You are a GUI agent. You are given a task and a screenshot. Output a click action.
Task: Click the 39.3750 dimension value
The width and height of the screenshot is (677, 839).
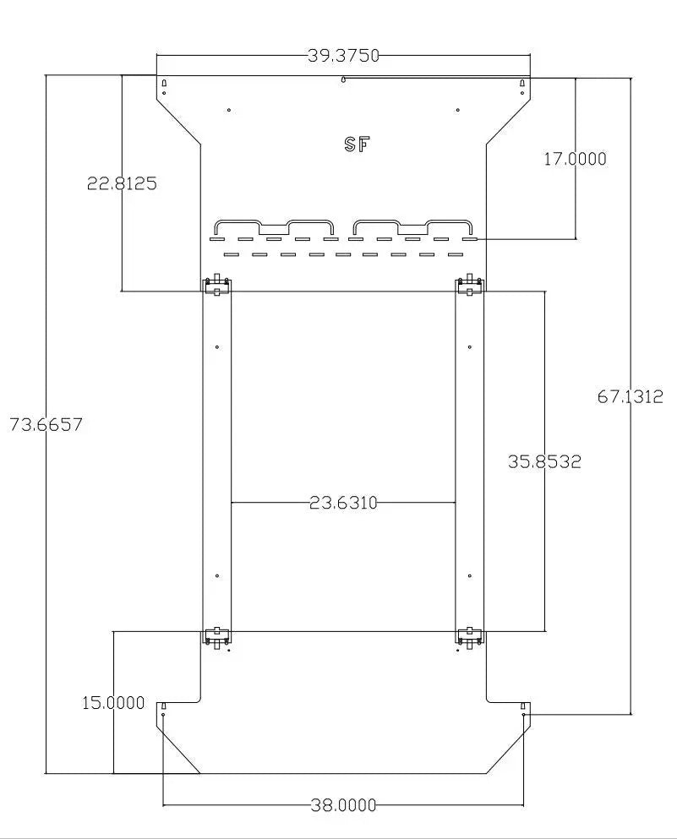tap(343, 56)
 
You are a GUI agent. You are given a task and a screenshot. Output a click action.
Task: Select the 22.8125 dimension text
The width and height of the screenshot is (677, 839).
tap(122, 183)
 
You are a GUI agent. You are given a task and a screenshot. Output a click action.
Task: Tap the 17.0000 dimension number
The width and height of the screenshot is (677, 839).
tap(576, 159)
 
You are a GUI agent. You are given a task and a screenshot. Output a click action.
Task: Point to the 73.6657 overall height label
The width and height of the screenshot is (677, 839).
tap(46, 424)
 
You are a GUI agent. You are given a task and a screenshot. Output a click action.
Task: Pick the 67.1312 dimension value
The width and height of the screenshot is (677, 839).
tap(631, 396)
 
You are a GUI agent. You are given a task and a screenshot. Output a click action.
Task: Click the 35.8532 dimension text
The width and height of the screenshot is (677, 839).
tap(544, 461)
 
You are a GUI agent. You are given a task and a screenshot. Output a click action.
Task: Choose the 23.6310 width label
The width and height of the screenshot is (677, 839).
tap(344, 503)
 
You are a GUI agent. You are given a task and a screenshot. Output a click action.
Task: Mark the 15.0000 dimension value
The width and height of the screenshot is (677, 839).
tap(113, 703)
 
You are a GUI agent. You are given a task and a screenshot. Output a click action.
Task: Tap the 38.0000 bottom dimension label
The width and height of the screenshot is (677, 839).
tap(344, 804)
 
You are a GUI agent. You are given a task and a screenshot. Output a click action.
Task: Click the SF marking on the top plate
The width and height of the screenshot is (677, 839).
tap(358, 144)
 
